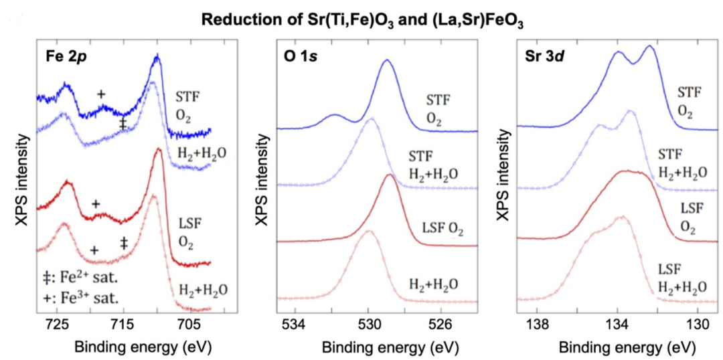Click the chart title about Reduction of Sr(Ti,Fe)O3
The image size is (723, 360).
(x=362, y=19)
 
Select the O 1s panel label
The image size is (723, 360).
(x=299, y=56)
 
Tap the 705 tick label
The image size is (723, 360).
(x=188, y=327)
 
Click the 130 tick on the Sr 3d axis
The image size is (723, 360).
(x=697, y=327)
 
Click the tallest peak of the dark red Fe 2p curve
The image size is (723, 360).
(x=159, y=150)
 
